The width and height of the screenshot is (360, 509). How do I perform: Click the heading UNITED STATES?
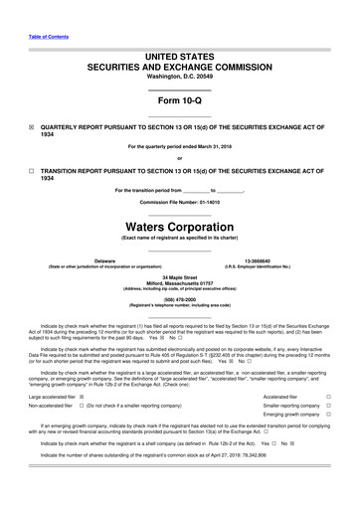(x=179, y=61)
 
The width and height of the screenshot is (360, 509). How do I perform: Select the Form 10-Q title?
(x=179, y=101)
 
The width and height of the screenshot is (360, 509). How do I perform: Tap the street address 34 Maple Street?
(x=179, y=276)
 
